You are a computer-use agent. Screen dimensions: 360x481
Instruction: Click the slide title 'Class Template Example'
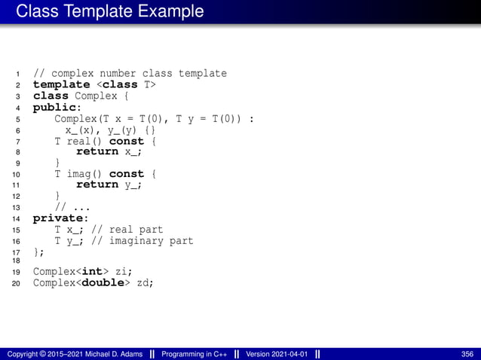pyautogui.click(x=110, y=11)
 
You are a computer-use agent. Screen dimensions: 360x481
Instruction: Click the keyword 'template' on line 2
pyautogui.click(x=61, y=85)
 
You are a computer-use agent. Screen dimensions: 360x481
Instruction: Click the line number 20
pyautogui.click(x=16, y=284)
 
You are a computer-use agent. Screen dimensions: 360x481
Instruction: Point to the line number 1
pyautogui.click(x=17, y=74)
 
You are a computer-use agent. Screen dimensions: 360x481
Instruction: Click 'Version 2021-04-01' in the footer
pyautogui.click(x=277, y=354)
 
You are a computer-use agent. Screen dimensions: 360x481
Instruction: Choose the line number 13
pyautogui.click(x=16, y=207)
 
